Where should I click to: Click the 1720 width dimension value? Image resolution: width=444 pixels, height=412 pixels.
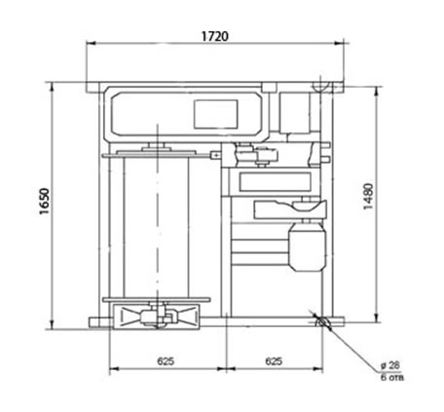pyautogui.click(x=215, y=36)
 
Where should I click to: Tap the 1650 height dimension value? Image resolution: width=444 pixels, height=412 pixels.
pyautogui.click(x=45, y=202)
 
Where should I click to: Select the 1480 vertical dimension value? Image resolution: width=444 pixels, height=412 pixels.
pyautogui.click(x=368, y=197)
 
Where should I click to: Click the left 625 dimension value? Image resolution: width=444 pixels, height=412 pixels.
pyautogui.click(x=166, y=361)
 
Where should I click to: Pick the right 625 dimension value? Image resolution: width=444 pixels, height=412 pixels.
pyautogui.click(x=274, y=361)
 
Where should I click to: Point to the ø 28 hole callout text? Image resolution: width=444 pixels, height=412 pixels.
pyautogui.click(x=390, y=366)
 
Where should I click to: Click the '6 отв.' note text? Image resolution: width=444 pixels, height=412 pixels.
pyautogui.click(x=392, y=378)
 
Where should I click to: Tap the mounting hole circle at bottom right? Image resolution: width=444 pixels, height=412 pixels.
pyautogui.click(x=322, y=322)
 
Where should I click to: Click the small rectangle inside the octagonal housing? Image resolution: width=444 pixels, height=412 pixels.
pyautogui.click(x=216, y=114)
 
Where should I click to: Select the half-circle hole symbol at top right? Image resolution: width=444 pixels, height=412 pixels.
pyautogui.click(x=321, y=87)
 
